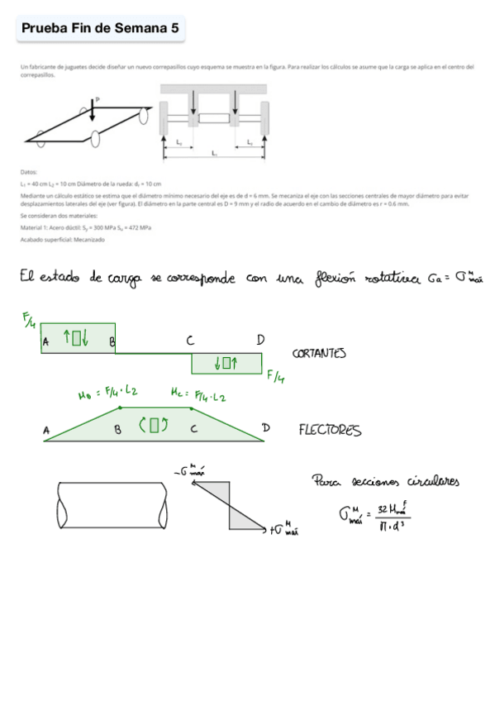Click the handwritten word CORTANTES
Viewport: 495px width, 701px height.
click(319, 354)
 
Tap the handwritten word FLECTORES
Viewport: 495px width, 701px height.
click(330, 430)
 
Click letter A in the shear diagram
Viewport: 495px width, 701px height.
click(45, 341)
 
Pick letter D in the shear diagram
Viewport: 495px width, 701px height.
click(259, 340)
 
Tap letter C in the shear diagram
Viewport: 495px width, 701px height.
click(190, 341)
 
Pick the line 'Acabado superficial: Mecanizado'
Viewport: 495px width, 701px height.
click(62, 240)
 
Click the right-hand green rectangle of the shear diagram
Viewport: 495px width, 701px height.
click(226, 363)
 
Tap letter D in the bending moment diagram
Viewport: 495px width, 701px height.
click(266, 427)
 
